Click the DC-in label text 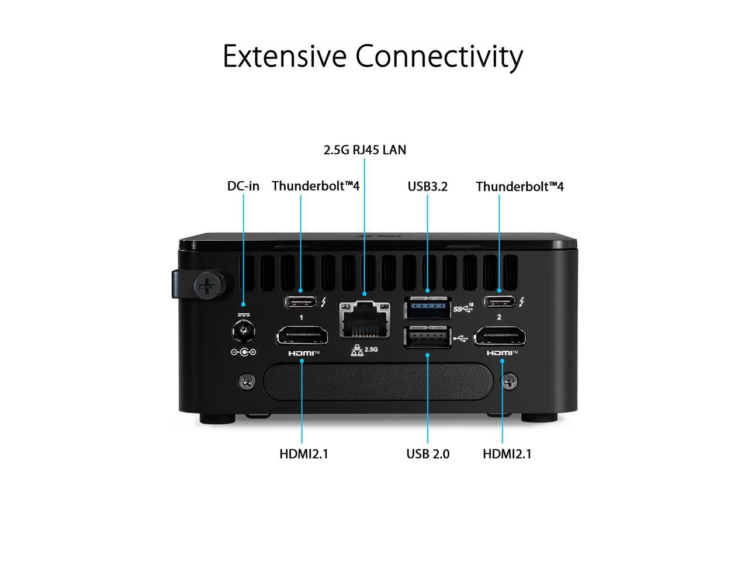pyautogui.click(x=243, y=186)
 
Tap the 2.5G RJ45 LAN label pyautogui.click(x=365, y=150)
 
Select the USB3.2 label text pyautogui.click(x=427, y=186)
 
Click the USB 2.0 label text pyautogui.click(x=428, y=453)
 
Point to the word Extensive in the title pyautogui.click(x=285, y=57)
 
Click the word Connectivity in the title pyautogui.click(x=439, y=57)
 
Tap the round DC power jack pyautogui.click(x=243, y=333)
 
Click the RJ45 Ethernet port pyautogui.click(x=365, y=320)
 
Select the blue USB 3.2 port pyautogui.click(x=427, y=307)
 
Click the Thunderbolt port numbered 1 pyautogui.click(x=301, y=302)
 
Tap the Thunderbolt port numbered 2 pyautogui.click(x=499, y=302)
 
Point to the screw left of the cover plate pyautogui.click(x=246, y=382)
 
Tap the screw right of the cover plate pyautogui.click(x=510, y=382)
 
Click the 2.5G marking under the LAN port pyautogui.click(x=371, y=349)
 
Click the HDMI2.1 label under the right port pyautogui.click(x=507, y=453)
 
